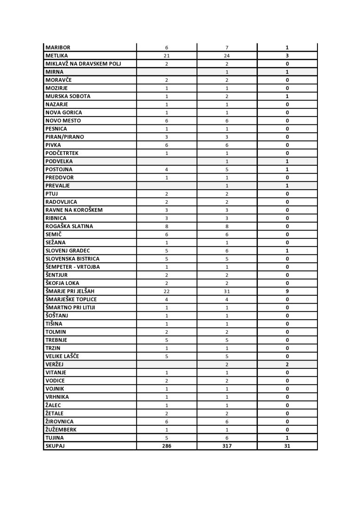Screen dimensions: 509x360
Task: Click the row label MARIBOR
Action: [x=58, y=48]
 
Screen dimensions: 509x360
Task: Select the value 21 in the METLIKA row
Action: [x=167, y=56]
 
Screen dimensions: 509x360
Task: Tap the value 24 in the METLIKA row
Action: [x=227, y=56]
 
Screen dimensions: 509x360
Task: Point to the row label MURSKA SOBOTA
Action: [x=68, y=96]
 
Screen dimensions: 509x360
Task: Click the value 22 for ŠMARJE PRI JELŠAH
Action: [x=167, y=292]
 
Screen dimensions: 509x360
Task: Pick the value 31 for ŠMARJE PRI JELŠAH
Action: [x=227, y=292]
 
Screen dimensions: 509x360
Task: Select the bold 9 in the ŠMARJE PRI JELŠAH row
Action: [x=287, y=292]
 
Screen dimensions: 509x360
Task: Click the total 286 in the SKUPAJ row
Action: [x=167, y=446]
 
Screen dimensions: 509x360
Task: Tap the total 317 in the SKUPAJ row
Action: [x=227, y=446]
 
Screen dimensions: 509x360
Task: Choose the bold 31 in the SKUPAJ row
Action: [x=287, y=446]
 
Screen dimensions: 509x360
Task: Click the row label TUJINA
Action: [x=55, y=438]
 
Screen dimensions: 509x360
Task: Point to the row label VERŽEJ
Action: [x=55, y=365]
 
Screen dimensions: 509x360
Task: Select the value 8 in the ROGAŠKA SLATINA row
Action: [x=167, y=226]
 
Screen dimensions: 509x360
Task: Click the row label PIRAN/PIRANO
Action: [x=65, y=137]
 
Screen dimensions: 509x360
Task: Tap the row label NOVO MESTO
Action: [x=63, y=121]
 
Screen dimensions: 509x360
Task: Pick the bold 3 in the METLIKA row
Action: [x=287, y=56]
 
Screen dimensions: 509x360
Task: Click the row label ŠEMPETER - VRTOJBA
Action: [x=73, y=267]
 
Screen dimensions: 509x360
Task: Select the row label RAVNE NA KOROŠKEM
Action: [x=74, y=210]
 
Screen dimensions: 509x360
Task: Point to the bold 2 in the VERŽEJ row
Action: [x=287, y=365]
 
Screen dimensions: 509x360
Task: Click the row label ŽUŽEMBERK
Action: [x=61, y=429]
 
